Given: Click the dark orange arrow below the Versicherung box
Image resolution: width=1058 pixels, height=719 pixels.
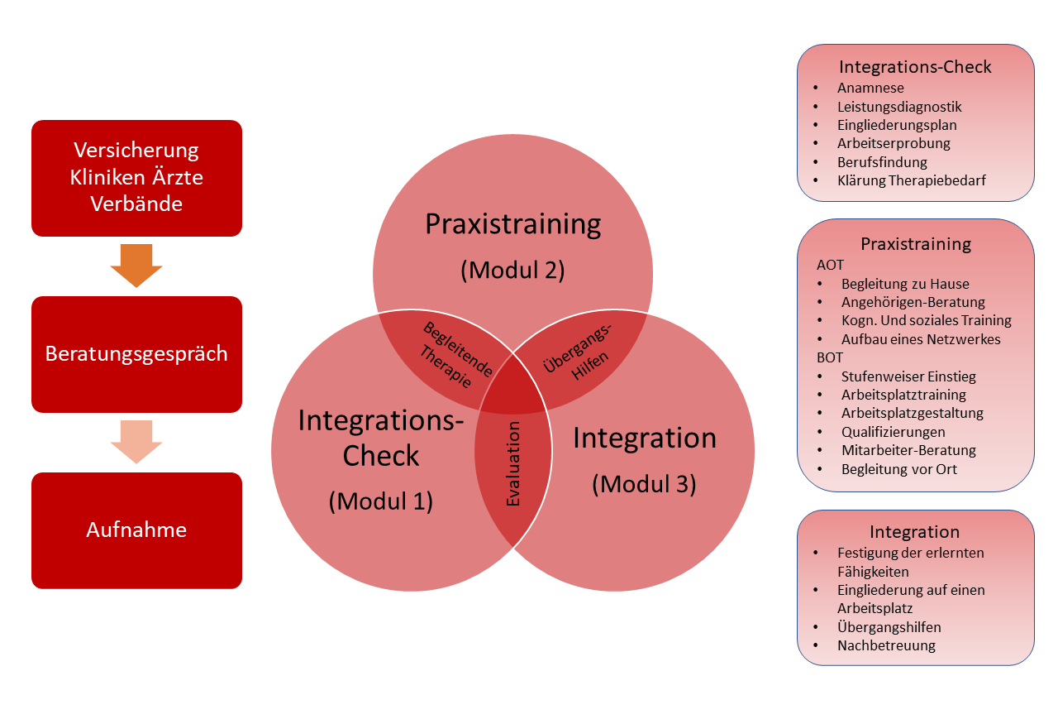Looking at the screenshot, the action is [x=136, y=266].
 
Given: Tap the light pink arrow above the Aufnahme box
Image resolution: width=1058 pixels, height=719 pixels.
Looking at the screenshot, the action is [x=136, y=442].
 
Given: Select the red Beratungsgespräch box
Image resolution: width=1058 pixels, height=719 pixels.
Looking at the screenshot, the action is [x=136, y=354].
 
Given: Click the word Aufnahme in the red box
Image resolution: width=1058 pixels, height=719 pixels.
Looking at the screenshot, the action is [x=136, y=530].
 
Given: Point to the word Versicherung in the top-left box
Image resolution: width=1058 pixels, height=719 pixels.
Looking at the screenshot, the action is [x=136, y=151].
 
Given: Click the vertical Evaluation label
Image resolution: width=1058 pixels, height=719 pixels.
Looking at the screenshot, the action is [x=513, y=463].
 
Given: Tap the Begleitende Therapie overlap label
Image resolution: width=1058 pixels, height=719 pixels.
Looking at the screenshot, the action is [x=455, y=355].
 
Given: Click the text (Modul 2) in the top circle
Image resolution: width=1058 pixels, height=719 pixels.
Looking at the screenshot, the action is [x=513, y=270].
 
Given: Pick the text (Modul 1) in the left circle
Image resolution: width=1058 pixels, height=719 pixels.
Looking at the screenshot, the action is [x=381, y=501].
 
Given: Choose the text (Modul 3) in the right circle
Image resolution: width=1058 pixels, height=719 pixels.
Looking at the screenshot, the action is [x=644, y=484].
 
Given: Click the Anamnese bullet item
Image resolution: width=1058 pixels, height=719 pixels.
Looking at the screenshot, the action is [x=870, y=88].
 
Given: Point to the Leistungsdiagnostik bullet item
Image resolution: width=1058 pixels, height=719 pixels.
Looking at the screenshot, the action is [x=899, y=107].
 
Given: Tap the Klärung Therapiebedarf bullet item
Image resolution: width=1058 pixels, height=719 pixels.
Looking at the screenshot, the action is [x=912, y=180].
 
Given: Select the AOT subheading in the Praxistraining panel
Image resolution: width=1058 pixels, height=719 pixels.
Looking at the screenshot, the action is [x=830, y=265].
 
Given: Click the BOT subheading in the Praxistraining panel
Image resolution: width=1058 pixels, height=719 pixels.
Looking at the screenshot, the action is [x=830, y=357].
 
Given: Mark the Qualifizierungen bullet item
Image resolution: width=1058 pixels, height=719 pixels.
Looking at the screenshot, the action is [x=894, y=432].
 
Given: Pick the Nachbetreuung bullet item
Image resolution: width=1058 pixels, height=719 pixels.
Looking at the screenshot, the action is [x=886, y=645].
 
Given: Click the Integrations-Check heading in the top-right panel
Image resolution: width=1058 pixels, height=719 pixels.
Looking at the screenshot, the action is [x=915, y=67].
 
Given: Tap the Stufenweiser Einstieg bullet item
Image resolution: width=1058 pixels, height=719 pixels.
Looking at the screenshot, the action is [x=908, y=376].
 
